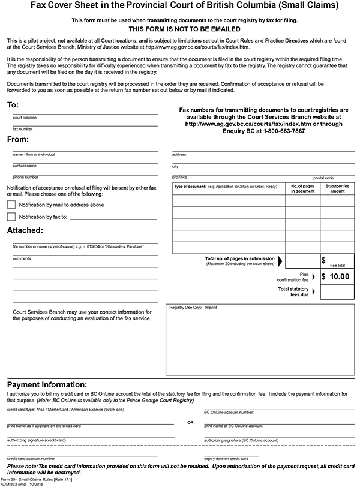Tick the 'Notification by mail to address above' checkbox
click(11, 205)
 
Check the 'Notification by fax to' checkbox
click(11, 217)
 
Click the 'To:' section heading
click(13, 105)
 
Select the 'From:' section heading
click(18, 139)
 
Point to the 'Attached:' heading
click(25, 230)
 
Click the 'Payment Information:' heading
click(47, 384)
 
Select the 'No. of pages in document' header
click(302, 188)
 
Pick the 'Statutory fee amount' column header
click(337, 188)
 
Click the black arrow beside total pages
click(281, 261)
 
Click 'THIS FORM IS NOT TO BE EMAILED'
click(179, 29)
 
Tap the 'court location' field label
click(25, 118)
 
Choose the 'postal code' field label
click(323, 178)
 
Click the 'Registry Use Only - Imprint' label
click(193, 307)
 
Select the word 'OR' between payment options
click(190, 422)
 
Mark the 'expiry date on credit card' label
click(226, 458)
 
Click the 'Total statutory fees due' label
click(293, 291)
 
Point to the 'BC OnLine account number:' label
click(229, 413)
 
